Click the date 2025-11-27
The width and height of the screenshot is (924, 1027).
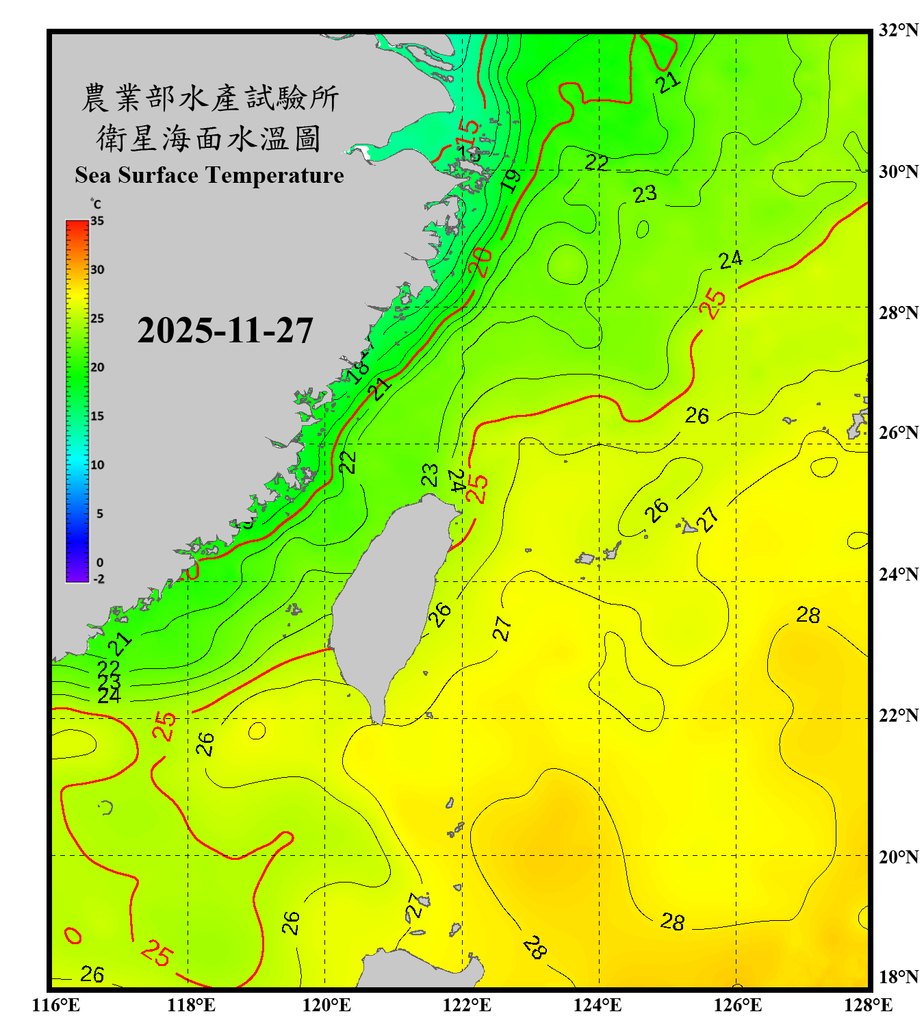[x=225, y=331]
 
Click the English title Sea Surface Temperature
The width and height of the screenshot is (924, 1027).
[x=209, y=175]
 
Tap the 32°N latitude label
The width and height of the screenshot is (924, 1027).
[x=898, y=30]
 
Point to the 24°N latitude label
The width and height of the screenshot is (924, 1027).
[x=898, y=574]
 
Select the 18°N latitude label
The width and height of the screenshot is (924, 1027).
[x=898, y=977]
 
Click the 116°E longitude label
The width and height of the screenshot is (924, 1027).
[x=56, y=1005]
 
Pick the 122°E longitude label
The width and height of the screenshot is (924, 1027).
[x=467, y=1005]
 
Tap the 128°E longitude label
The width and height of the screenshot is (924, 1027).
[x=868, y=1005]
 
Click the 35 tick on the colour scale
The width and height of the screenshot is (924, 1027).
[x=97, y=221]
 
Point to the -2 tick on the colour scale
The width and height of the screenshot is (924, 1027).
[x=99, y=579]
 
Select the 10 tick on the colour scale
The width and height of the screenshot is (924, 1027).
[x=97, y=465]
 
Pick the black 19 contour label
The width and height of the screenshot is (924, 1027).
[x=511, y=180]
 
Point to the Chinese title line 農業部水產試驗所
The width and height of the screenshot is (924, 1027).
[x=209, y=98]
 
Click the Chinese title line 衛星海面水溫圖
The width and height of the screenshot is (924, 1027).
[x=209, y=138]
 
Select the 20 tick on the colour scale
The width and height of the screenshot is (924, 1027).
[x=97, y=368]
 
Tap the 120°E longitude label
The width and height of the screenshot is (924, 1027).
[x=326, y=1005]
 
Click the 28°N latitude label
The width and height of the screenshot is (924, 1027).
[x=898, y=313]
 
